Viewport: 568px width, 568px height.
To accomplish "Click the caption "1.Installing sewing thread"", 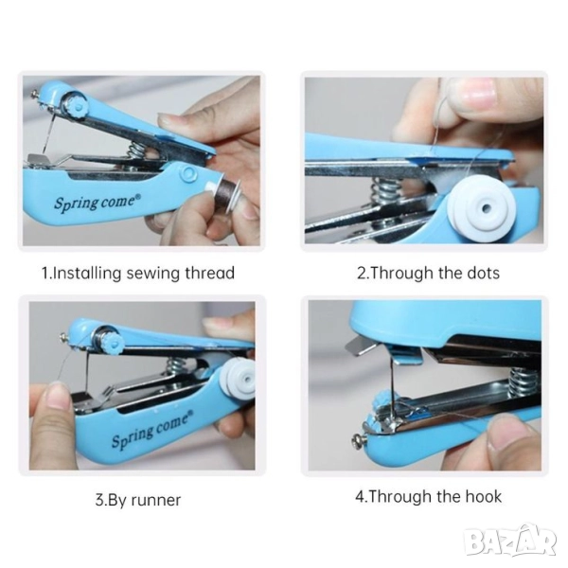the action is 138,273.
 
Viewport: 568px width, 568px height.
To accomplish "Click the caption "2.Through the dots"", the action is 428,273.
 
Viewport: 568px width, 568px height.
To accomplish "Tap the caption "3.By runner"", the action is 138,500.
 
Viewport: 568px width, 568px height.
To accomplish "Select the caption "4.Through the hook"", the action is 429,496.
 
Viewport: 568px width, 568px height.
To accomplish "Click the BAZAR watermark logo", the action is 511,542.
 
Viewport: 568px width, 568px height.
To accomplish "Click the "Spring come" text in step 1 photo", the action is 98,202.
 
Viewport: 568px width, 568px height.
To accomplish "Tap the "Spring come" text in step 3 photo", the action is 152,431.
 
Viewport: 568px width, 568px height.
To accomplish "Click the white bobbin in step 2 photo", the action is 482,209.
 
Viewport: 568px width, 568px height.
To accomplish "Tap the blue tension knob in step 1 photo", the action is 77,105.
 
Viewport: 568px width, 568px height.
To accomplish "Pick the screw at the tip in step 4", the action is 358,441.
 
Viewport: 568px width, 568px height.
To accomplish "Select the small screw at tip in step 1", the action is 35,95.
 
